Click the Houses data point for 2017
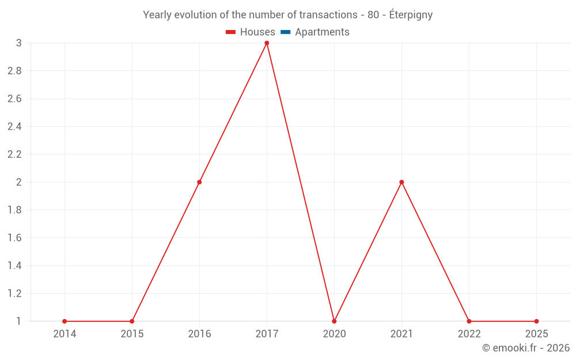pyautogui.click(x=267, y=43)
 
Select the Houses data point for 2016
pyautogui.click(x=199, y=182)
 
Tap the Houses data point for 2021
pyautogui.click(x=401, y=182)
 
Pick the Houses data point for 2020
pyautogui.click(x=334, y=321)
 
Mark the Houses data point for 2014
pyautogui.click(x=65, y=321)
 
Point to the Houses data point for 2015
pyautogui.click(x=132, y=321)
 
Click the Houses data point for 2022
pyautogui.click(x=469, y=321)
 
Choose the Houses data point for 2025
pyautogui.click(x=536, y=321)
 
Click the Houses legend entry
pyautogui.click(x=251, y=32)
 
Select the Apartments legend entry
pyautogui.click(x=315, y=32)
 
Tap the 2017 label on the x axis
pyautogui.click(x=267, y=334)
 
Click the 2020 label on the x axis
pyautogui.click(x=334, y=334)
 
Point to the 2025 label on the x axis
pyautogui.click(x=536, y=334)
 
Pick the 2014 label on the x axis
pyautogui.click(x=65, y=334)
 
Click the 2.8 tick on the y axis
pyautogui.click(x=14, y=71)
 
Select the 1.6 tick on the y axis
pyautogui.click(x=14, y=238)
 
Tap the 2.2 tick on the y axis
pyautogui.click(x=14, y=154)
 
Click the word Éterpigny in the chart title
pyautogui.click(x=411, y=15)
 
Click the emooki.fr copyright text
pyautogui.click(x=526, y=348)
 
